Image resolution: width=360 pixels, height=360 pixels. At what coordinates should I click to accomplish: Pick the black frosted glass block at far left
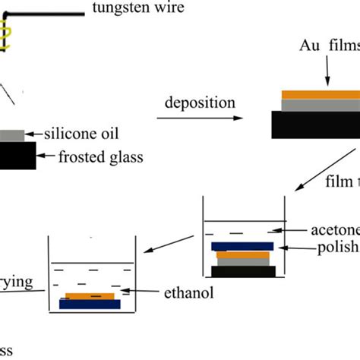[16, 156]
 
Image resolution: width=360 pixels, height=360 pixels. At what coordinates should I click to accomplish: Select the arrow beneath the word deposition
[200, 118]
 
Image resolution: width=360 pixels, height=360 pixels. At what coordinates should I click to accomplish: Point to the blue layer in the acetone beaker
[242, 246]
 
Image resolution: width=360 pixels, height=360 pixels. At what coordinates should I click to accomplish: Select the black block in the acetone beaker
[242, 271]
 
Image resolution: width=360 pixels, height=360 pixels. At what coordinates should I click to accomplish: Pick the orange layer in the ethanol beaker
[90, 295]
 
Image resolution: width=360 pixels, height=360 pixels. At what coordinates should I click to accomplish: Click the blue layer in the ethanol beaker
[89, 305]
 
